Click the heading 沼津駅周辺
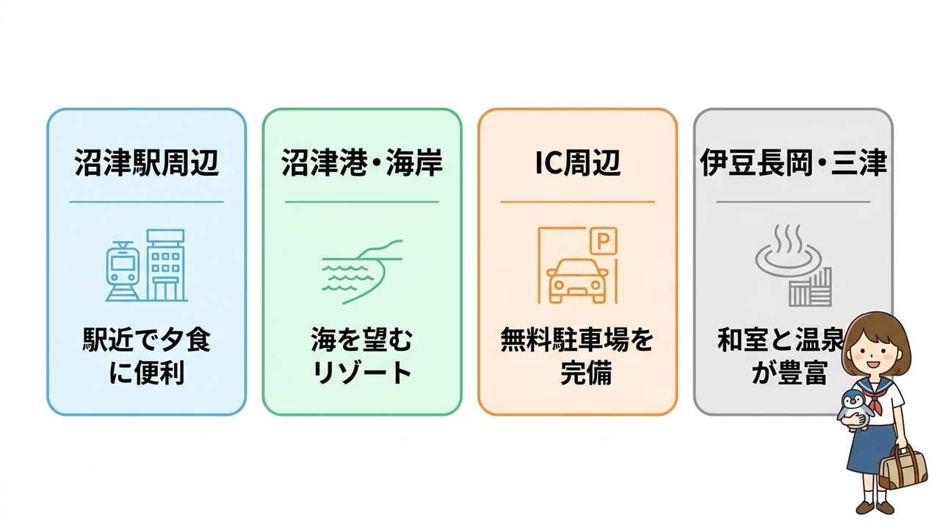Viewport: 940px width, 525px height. (146, 163)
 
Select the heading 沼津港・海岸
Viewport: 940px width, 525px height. (362, 163)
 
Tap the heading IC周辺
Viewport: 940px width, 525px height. (577, 163)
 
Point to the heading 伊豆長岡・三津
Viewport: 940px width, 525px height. (793, 163)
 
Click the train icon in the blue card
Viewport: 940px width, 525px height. (122, 271)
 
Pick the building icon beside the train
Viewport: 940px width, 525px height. (165, 265)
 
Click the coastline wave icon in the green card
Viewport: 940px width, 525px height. (362, 272)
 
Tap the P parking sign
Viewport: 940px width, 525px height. (603, 241)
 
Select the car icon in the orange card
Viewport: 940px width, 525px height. (577, 281)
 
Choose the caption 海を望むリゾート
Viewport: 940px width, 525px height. (362, 356)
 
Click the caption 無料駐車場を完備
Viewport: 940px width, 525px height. (577, 356)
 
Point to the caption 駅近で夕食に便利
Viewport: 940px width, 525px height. (146, 356)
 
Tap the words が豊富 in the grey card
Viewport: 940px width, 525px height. (789, 372)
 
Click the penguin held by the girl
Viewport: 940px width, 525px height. (855, 410)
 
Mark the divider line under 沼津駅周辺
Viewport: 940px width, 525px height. (146, 202)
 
